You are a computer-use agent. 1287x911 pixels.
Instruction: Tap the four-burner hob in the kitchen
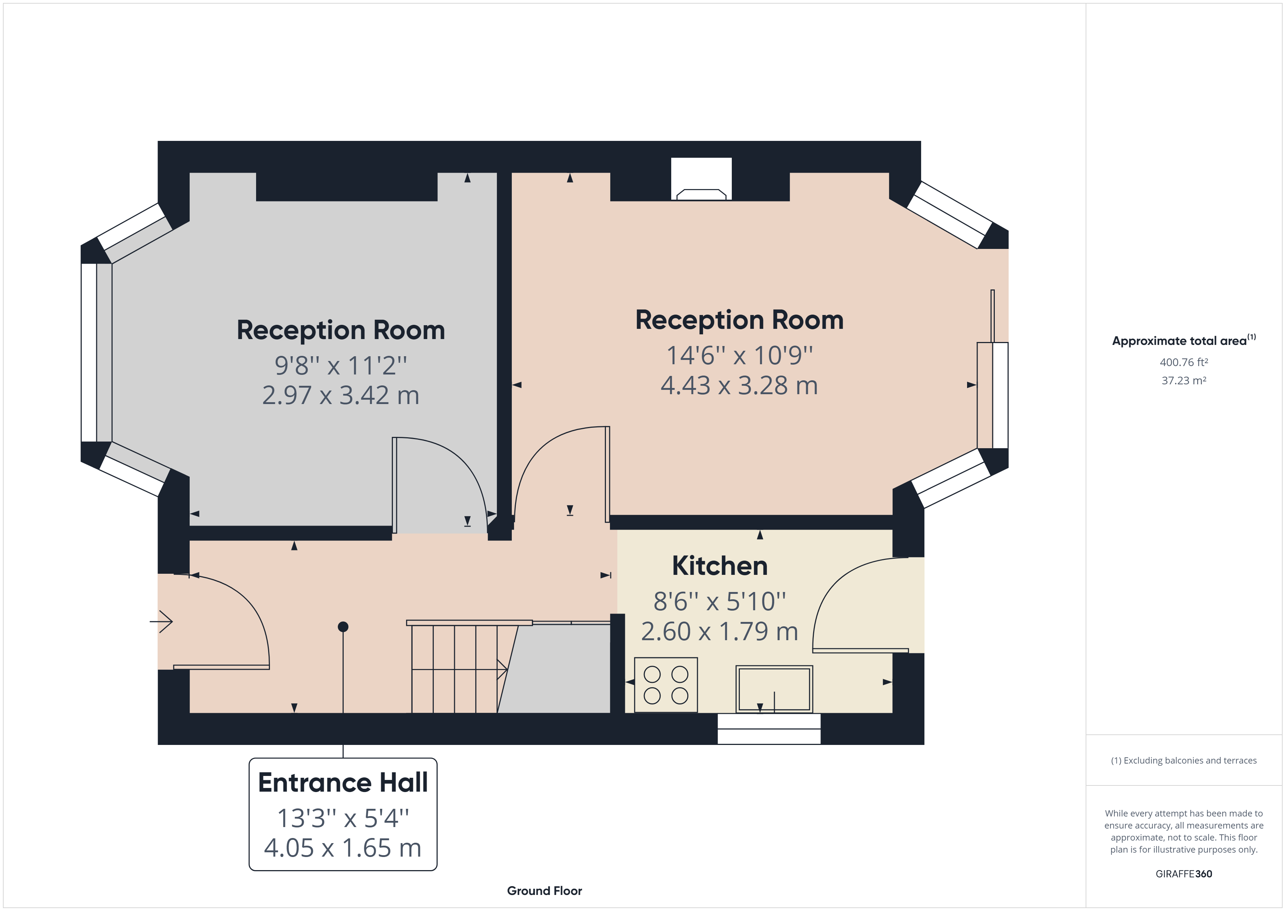pyautogui.click(x=666, y=685)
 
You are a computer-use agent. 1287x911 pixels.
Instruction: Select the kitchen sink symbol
pyautogui.click(x=774, y=689)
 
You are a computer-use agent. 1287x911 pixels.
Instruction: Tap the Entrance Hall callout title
pyautogui.click(x=343, y=783)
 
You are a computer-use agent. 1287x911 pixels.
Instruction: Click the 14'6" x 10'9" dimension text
pyautogui.click(x=739, y=355)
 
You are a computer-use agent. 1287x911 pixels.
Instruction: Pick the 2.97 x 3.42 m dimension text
pyautogui.click(x=341, y=396)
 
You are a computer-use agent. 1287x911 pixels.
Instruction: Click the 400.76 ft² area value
pyautogui.click(x=1184, y=362)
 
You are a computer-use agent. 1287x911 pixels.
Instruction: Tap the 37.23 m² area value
pyautogui.click(x=1184, y=380)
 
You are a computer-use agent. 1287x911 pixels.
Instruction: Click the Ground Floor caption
pyautogui.click(x=544, y=891)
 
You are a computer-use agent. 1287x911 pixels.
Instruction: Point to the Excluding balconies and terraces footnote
pyautogui.click(x=1184, y=761)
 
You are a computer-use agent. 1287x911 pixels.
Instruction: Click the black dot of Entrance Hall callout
pyautogui.click(x=343, y=627)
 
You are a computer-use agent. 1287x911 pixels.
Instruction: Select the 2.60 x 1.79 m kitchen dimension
pyautogui.click(x=720, y=632)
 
